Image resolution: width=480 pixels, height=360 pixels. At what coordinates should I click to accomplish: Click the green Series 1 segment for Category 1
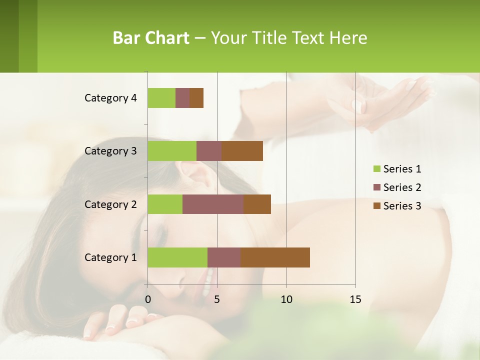click(177, 257)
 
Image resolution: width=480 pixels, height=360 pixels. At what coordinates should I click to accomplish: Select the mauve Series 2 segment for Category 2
click(213, 204)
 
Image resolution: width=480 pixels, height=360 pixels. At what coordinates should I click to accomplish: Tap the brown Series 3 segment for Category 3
click(242, 151)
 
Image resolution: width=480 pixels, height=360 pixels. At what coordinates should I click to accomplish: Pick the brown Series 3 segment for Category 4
click(196, 98)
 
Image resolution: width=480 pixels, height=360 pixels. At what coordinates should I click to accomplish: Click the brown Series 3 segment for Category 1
click(275, 257)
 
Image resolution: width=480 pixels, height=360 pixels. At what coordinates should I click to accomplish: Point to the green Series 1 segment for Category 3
click(172, 151)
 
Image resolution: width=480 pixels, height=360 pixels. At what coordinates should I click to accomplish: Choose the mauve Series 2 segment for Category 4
click(182, 98)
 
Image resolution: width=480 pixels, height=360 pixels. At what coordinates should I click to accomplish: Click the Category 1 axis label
click(110, 257)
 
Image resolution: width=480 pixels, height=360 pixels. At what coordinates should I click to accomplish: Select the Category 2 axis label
click(110, 204)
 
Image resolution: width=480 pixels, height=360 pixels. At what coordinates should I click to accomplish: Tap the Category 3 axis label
click(110, 151)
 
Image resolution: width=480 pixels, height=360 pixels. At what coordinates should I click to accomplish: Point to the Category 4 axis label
click(110, 98)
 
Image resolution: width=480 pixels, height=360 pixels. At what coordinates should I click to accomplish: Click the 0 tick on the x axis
click(148, 299)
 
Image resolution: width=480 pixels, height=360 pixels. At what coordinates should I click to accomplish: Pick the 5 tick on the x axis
click(217, 299)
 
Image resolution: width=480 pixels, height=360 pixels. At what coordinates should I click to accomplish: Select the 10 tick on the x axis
click(286, 299)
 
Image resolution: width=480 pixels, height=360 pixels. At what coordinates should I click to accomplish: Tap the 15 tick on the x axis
click(355, 299)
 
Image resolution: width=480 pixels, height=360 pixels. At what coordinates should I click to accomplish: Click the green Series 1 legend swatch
click(377, 169)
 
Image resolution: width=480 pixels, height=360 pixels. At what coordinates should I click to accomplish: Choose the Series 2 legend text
click(402, 187)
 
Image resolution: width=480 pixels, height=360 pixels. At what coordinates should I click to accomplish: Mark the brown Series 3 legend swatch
click(377, 206)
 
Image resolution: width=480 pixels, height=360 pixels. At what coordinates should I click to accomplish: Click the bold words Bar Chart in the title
click(151, 38)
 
